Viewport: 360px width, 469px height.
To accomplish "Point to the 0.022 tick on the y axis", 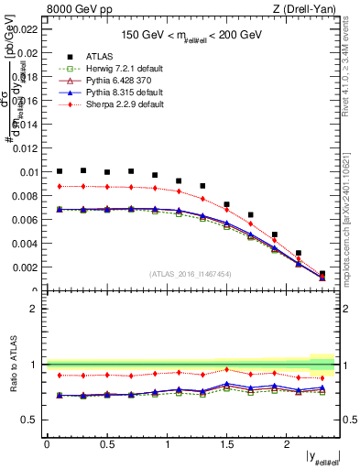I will point(26,28).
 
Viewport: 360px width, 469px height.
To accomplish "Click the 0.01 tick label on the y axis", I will point(28,172).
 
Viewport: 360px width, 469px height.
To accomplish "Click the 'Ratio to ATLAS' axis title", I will point(12,364).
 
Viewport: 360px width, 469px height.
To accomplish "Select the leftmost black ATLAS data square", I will point(60,171).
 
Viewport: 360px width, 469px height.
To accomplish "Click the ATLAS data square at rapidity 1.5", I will point(227,204).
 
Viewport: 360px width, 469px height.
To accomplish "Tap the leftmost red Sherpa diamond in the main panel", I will point(60,186).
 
